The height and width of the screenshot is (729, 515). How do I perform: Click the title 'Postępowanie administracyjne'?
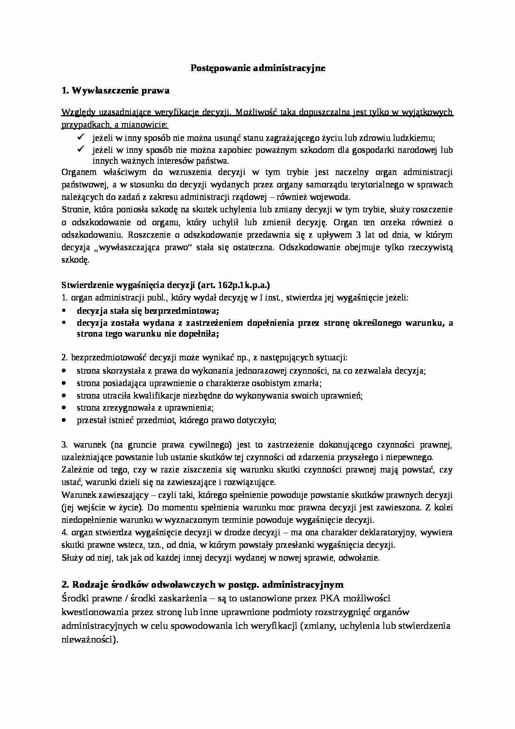point(257,68)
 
